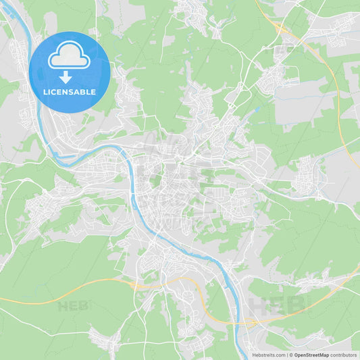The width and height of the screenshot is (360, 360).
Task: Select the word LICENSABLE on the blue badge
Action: [x=70, y=91]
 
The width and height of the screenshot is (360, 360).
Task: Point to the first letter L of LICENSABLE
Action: [x=45, y=91]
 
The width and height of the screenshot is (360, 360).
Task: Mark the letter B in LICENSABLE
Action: [x=84, y=91]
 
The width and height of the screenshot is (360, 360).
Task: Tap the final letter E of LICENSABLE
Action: [x=94, y=91]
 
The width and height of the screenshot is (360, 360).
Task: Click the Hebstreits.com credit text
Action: [x=269, y=355]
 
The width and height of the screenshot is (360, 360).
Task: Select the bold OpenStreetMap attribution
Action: [x=312, y=355]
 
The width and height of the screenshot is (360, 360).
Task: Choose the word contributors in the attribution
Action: [x=344, y=355]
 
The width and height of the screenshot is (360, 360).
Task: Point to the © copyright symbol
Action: [x=291, y=355]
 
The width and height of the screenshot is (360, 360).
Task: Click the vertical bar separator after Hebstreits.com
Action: [x=287, y=355]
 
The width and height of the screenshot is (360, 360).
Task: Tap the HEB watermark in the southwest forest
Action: [x=73, y=306]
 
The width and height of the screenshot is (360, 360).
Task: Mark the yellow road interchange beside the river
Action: [x=251, y=323]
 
